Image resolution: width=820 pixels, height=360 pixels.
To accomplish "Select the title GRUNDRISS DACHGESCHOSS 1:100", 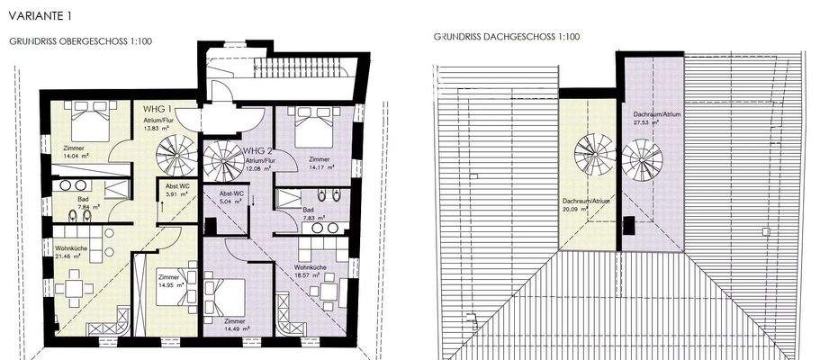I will click(x=507, y=37).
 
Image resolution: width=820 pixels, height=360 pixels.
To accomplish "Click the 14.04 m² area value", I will click(x=75, y=156).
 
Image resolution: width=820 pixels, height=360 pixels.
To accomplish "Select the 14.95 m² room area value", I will click(x=172, y=283).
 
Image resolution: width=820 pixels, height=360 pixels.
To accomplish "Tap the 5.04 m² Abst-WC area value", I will click(x=221, y=202).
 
